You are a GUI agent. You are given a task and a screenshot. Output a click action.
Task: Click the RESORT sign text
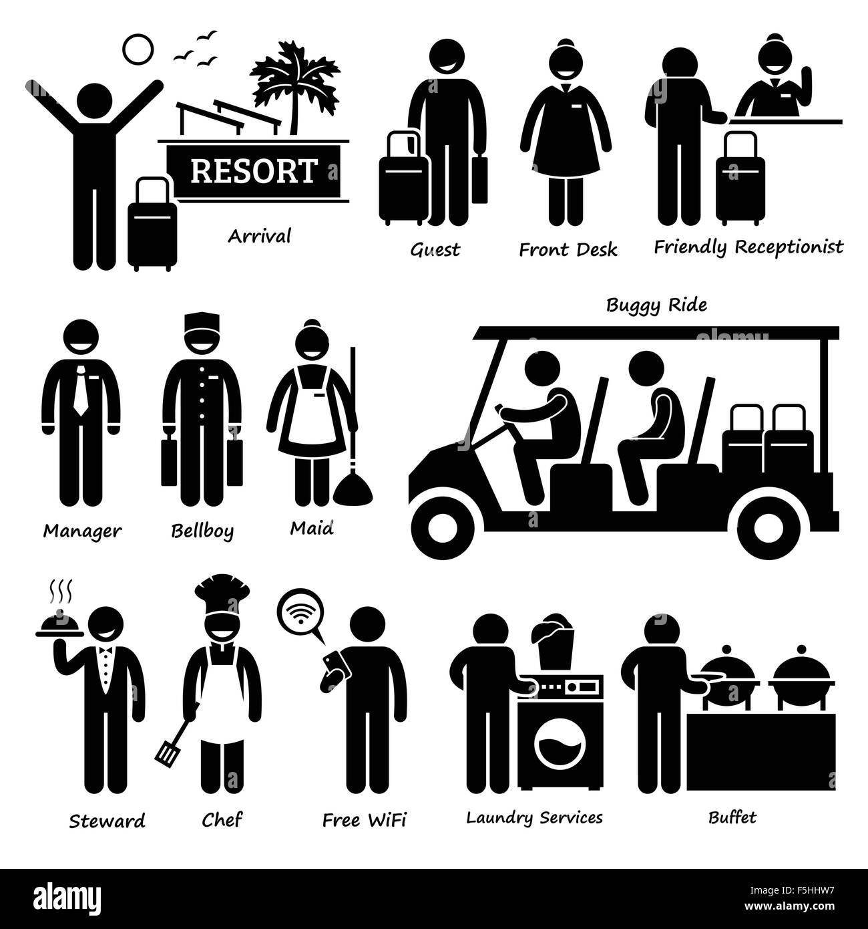coord(253,171)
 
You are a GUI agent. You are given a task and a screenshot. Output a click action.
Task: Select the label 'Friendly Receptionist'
coord(748,247)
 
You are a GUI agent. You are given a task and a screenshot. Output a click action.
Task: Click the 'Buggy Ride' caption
coord(656,305)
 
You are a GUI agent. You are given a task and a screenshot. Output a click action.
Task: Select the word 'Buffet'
coord(732,817)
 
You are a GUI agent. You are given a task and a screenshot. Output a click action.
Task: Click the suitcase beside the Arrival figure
coord(152,224)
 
